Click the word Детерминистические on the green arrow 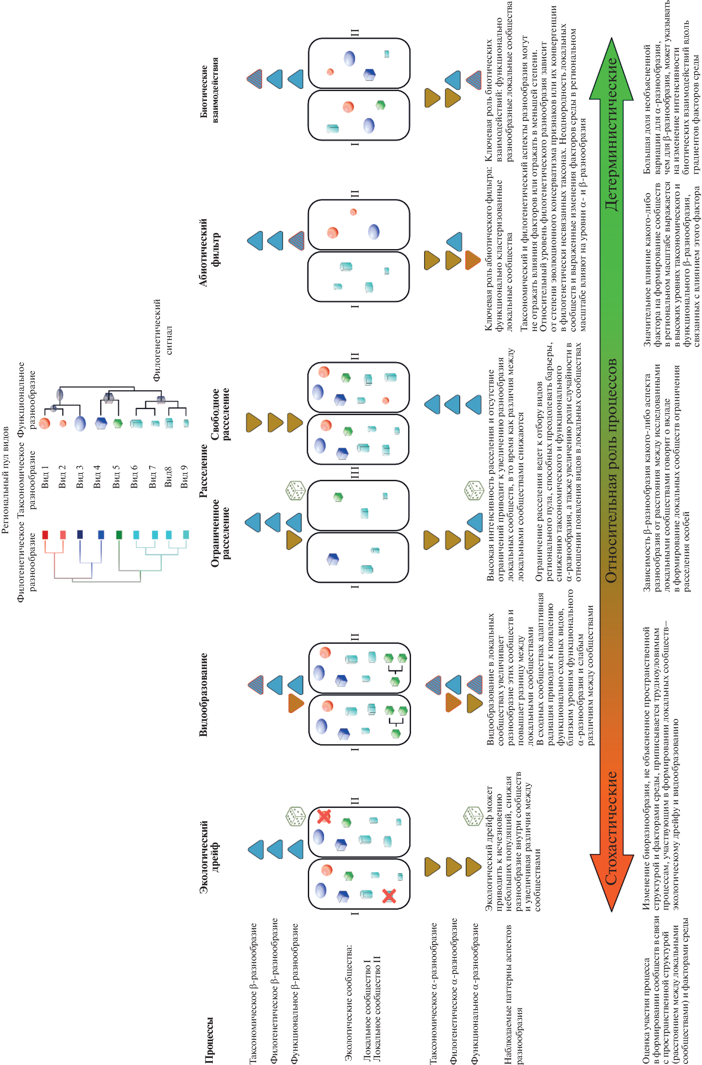pyautogui.click(x=611, y=133)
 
